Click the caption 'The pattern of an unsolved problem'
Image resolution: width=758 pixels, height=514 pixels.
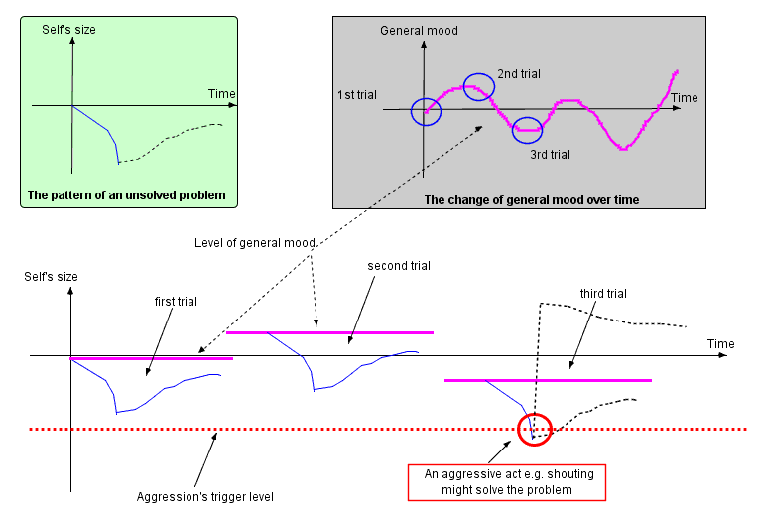click(x=127, y=194)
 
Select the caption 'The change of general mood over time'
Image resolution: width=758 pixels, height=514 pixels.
click(x=532, y=199)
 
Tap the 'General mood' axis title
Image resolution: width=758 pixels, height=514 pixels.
click(x=419, y=31)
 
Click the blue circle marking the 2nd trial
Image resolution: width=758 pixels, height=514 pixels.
click(x=478, y=87)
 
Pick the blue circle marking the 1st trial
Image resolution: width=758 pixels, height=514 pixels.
click(x=426, y=111)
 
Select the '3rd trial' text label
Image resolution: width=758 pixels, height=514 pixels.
click(x=550, y=154)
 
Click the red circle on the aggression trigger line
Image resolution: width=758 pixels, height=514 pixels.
click(x=533, y=429)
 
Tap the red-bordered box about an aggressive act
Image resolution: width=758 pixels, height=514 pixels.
click(x=506, y=482)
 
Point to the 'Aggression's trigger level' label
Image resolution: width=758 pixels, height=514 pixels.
click(x=204, y=496)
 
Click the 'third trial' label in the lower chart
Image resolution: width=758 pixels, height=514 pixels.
click(x=603, y=293)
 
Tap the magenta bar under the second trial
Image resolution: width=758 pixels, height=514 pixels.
click(x=330, y=332)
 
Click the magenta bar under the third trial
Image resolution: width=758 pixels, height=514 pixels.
click(x=548, y=380)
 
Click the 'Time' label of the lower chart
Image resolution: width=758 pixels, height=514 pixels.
click(x=721, y=343)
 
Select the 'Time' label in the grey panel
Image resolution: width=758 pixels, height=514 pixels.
click(x=685, y=98)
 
